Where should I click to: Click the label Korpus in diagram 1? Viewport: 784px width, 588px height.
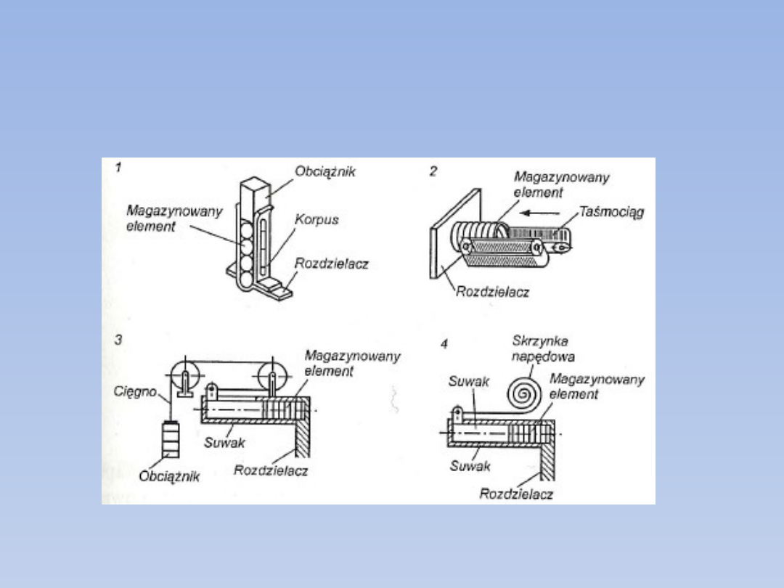click(x=317, y=219)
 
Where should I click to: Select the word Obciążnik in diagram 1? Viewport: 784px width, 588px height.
click(x=324, y=172)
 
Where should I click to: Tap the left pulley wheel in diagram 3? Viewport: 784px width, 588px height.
click(x=187, y=375)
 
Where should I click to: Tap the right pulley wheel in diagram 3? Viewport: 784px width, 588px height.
click(x=272, y=376)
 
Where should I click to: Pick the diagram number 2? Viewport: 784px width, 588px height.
click(x=433, y=171)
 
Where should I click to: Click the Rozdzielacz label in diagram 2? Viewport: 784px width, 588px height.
click(x=492, y=292)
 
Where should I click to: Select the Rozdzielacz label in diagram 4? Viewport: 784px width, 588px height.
click(x=516, y=494)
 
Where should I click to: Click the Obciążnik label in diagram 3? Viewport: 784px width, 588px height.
click(x=169, y=477)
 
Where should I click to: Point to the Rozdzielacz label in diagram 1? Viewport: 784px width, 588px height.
click(x=331, y=264)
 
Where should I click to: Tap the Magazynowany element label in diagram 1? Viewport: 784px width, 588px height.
click(x=165, y=218)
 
